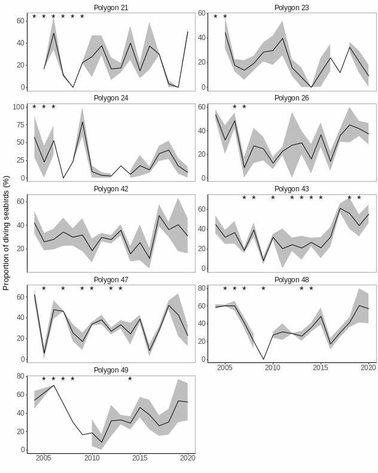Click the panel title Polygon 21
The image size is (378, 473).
pyautogui.click(x=111, y=8)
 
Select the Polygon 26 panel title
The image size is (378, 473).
pyautogui.click(x=292, y=98)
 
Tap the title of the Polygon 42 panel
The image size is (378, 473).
pyautogui.click(x=111, y=189)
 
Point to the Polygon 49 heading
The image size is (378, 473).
pyautogui.click(x=111, y=370)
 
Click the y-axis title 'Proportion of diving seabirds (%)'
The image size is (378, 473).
pyautogui.click(x=7, y=233)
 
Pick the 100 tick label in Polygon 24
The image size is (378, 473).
pyautogui.click(x=19, y=108)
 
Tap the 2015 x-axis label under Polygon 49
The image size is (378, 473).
pyautogui.click(x=140, y=459)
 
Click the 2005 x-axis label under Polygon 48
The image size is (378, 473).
pyautogui.click(x=225, y=367)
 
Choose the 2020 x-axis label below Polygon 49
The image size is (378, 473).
pyautogui.click(x=188, y=459)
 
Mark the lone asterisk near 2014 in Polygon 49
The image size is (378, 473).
pyautogui.click(x=130, y=380)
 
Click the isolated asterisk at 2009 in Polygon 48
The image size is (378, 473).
pyautogui.click(x=263, y=290)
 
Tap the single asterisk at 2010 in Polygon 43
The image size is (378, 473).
pyautogui.click(x=273, y=199)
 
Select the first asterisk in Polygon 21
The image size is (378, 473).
pyautogui.click(x=34, y=17)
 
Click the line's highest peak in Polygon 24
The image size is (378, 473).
pyautogui.click(x=82, y=122)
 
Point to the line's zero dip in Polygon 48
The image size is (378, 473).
pyautogui.click(x=263, y=359)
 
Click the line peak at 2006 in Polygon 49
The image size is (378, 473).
pyautogui.click(x=54, y=385)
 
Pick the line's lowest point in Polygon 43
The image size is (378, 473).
pyautogui.click(x=263, y=261)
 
